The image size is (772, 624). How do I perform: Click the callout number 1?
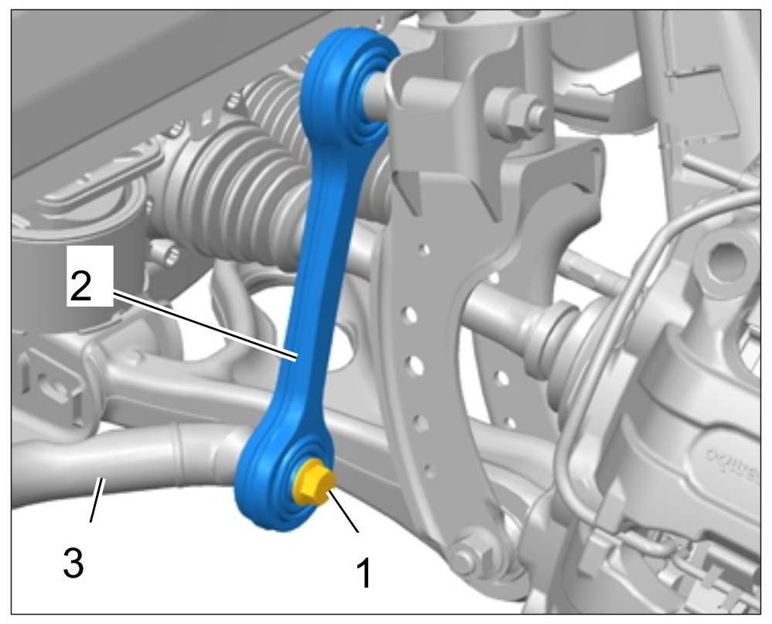pyautogui.click(x=364, y=573)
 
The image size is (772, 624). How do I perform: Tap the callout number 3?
pyautogui.click(x=73, y=564)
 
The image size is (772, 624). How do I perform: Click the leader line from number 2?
pyautogui.click(x=205, y=326)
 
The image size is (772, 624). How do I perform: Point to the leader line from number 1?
pyautogui.click(x=344, y=511)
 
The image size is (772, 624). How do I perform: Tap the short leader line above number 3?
pyautogui.click(x=97, y=499)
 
